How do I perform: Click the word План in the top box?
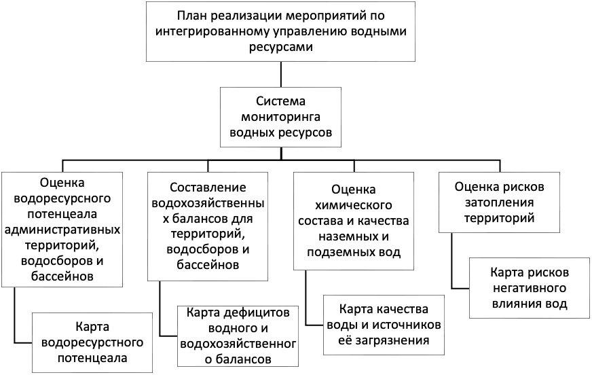pyautogui.click(x=193, y=16)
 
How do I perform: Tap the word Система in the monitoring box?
pyautogui.click(x=280, y=101)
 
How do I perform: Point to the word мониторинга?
pyautogui.click(x=280, y=117)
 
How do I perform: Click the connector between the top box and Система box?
pyautogui.click(x=281, y=75)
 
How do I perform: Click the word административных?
pyautogui.click(x=62, y=229)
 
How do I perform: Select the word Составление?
pyautogui.click(x=208, y=187)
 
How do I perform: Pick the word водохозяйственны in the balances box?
pyautogui.click(x=208, y=203)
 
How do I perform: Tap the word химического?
pyautogui.click(x=354, y=205)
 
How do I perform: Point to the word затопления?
pyautogui.click(x=499, y=202)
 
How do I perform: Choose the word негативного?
pyautogui.click(x=530, y=288)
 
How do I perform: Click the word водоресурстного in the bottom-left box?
pyautogui.click(x=92, y=342)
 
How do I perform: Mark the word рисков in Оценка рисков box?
pyautogui.click(x=523, y=187)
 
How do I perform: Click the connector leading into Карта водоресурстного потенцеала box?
pyautogui.click(x=14, y=315)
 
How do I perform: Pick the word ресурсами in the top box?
pyautogui.click(x=281, y=47)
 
